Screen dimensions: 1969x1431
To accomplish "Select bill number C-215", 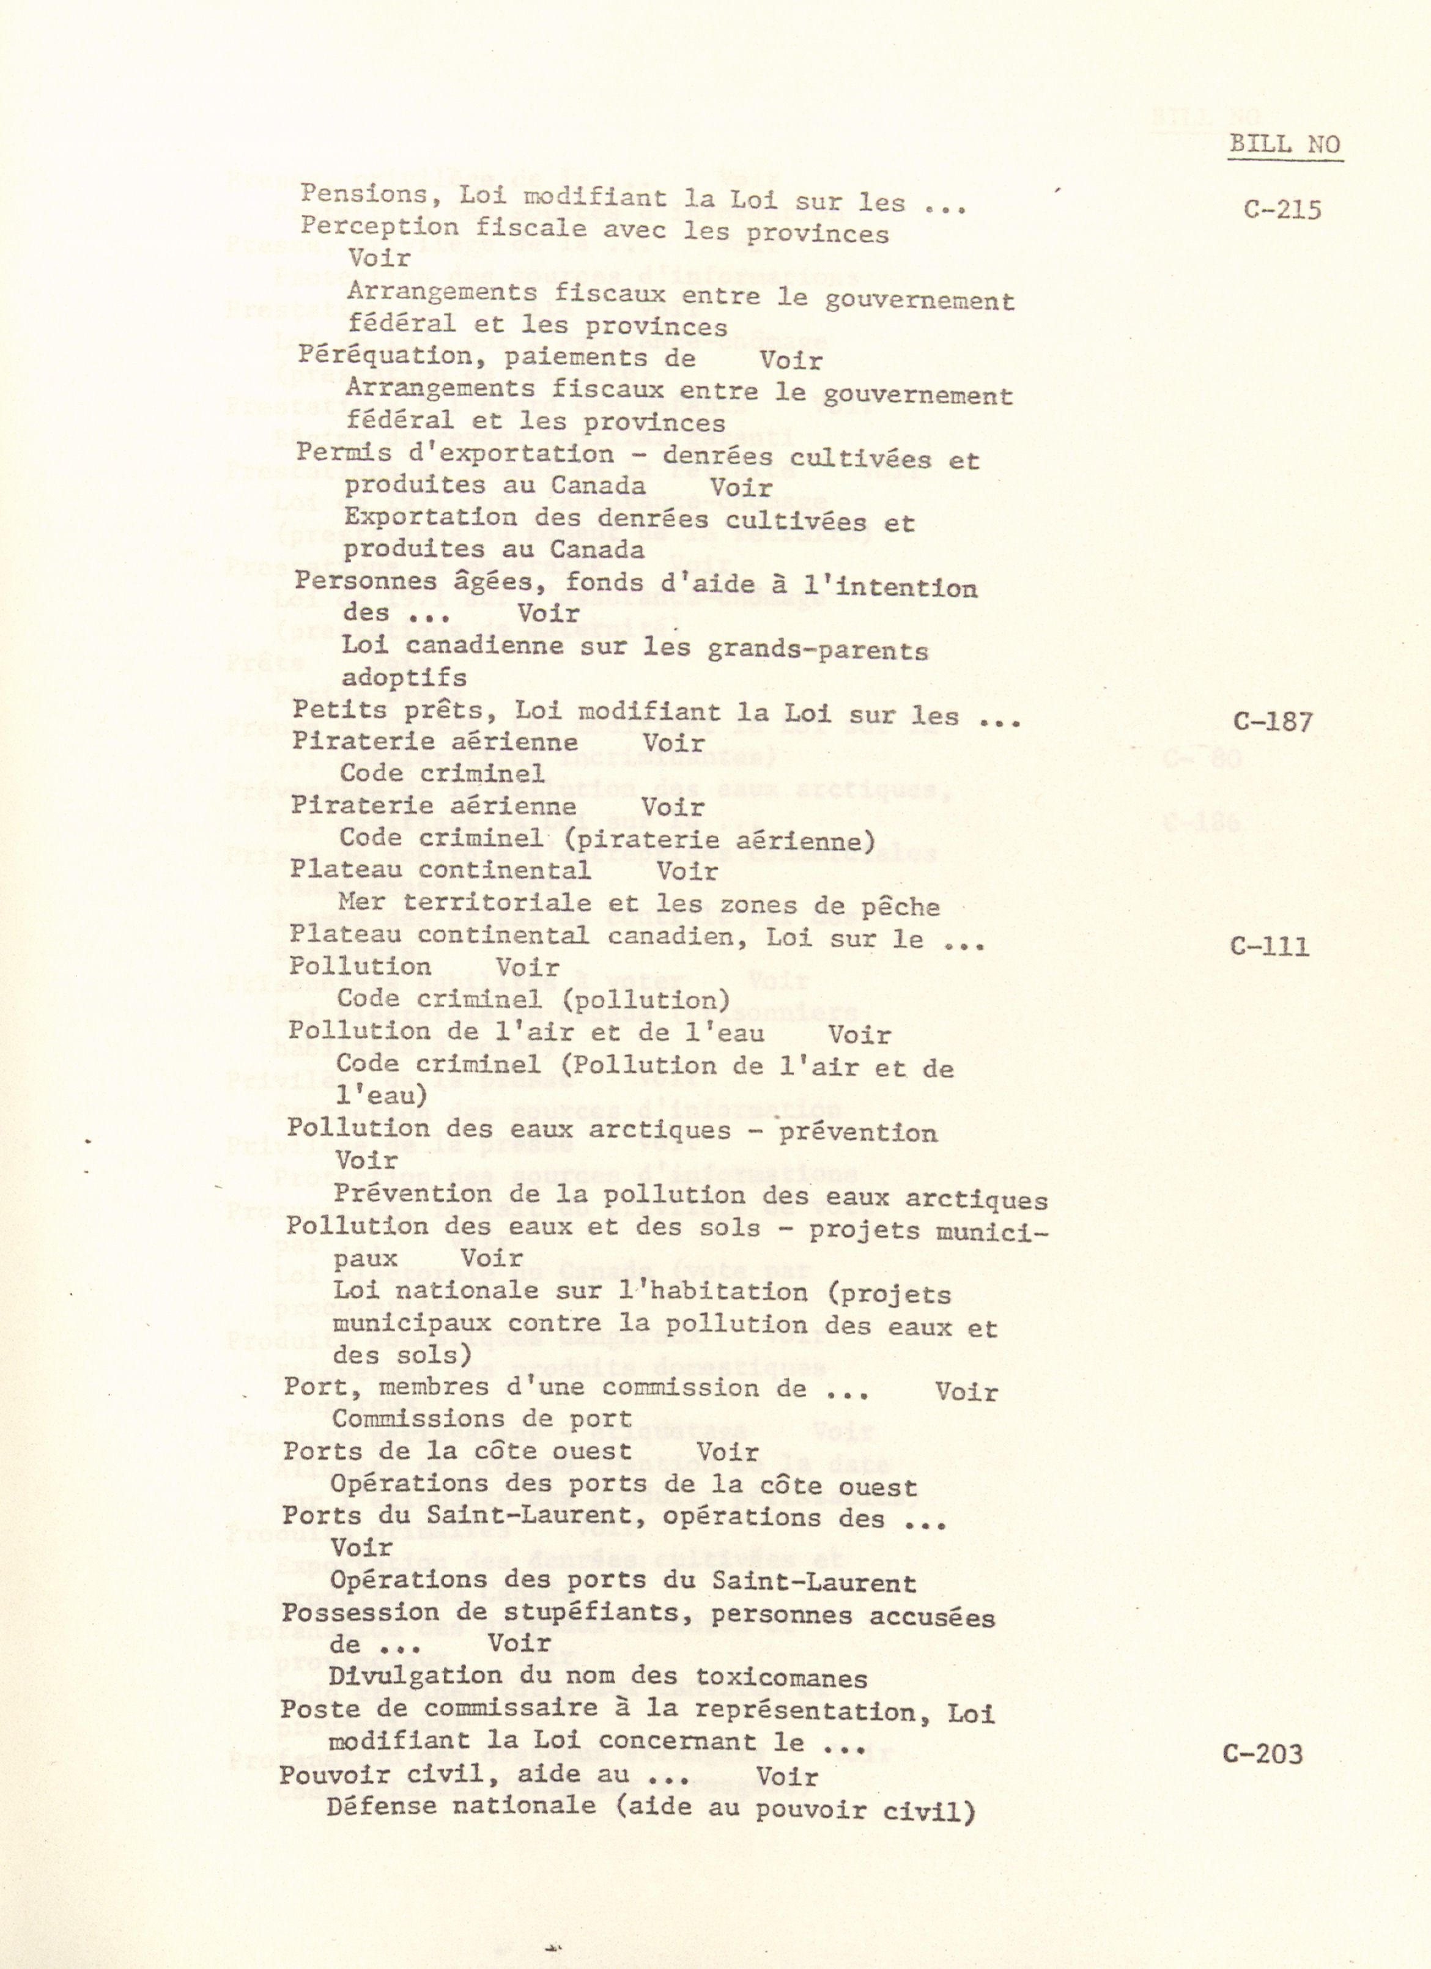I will click(1282, 210).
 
